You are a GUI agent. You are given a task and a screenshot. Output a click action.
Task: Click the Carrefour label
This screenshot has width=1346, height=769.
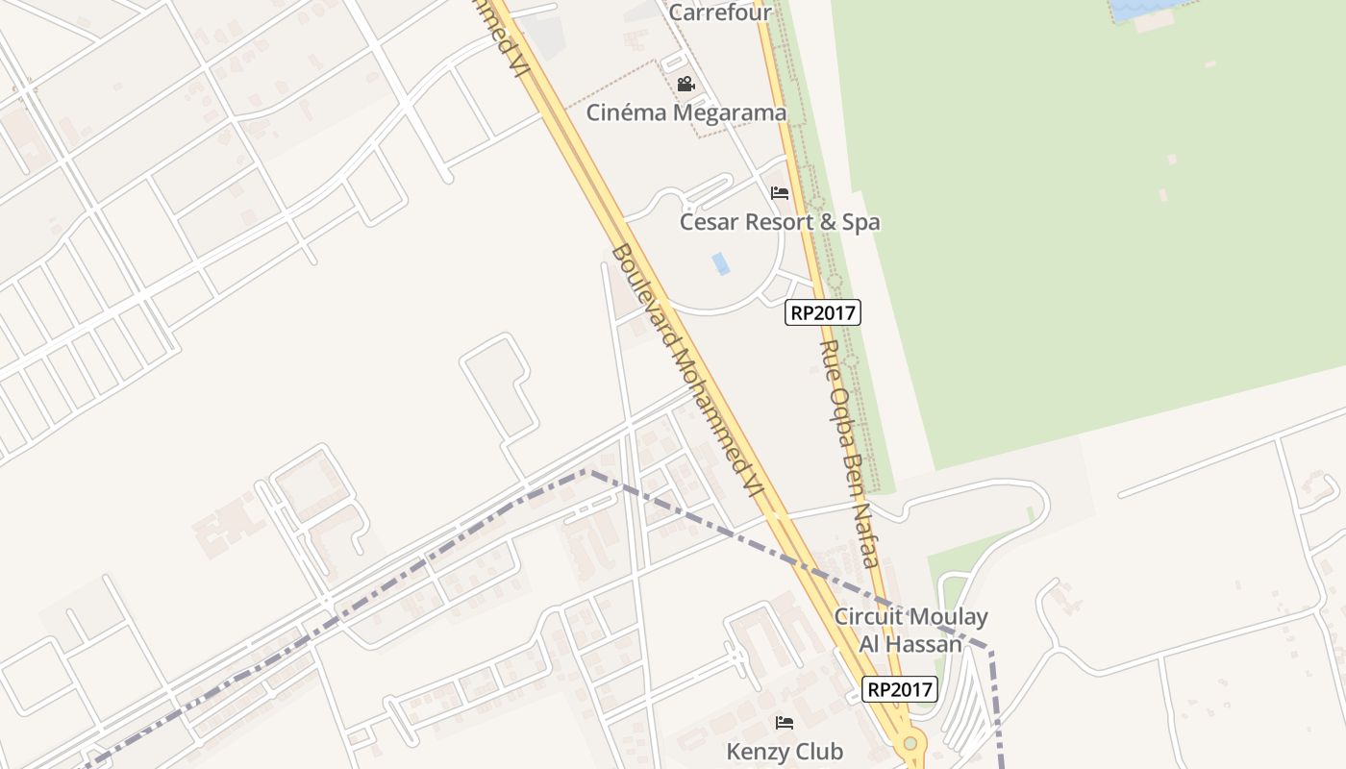(x=720, y=12)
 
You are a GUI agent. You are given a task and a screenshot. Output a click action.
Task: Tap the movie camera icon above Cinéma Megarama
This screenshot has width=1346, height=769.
(x=685, y=85)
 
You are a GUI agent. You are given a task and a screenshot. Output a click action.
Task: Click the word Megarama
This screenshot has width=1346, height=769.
(x=730, y=112)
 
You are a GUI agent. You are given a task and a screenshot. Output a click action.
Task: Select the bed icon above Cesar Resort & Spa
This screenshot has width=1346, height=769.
(x=780, y=193)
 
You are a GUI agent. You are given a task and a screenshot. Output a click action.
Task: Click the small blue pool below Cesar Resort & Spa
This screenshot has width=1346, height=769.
(x=720, y=263)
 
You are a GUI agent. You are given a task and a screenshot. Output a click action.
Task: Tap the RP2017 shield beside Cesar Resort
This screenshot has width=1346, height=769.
(x=822, y=312)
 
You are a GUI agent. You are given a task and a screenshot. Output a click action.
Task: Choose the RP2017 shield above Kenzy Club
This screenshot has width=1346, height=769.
(x=899, y=689)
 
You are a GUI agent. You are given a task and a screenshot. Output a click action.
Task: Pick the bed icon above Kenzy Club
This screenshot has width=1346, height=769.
(x=785, y=723)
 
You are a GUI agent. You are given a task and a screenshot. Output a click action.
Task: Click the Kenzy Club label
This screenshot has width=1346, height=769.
(x=785, y=752)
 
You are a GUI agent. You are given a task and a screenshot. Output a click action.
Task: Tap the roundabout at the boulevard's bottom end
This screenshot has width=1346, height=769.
(x=910, y=743)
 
